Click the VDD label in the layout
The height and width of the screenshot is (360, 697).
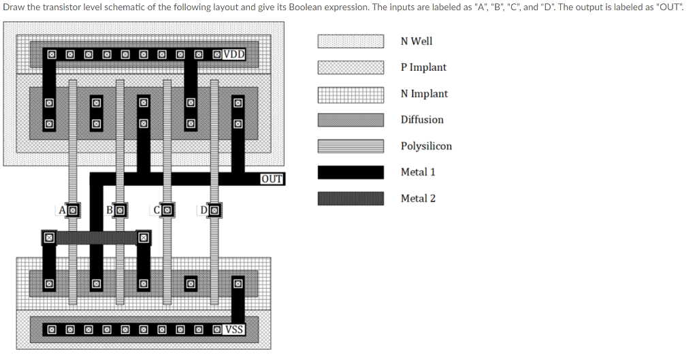point(234,54)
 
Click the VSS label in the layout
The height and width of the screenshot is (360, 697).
point(234,329)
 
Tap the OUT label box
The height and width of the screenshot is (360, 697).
point(272,179)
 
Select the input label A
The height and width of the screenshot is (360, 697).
point(62,210)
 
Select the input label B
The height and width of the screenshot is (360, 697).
point(110,210)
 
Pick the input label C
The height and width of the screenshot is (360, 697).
point(157,210)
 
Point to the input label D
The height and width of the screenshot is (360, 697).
point(204,210)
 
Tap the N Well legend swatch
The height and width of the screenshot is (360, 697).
point(350,42)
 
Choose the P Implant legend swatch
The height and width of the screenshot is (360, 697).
point(350,67)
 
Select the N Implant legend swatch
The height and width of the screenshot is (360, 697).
point(350,94)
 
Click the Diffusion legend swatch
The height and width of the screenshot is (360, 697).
point(350,120)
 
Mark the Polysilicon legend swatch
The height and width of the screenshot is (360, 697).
point(350,146)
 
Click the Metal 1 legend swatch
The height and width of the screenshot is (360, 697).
point(350,172)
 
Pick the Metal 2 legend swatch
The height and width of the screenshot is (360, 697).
point(350,199)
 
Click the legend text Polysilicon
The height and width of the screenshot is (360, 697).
point(426,146)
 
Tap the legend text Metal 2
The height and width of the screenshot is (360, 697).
point(418,199)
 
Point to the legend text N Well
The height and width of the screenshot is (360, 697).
point(417,42)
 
